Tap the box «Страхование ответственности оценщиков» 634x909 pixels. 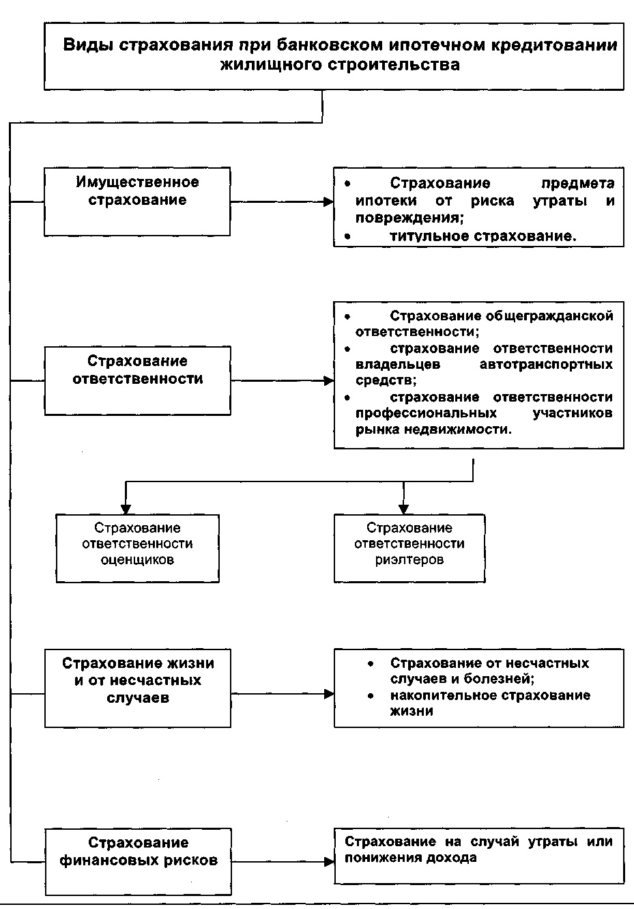tap(137, 548)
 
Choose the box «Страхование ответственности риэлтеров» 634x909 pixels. tap(409, 548)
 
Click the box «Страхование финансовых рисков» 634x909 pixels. tap(137, 861)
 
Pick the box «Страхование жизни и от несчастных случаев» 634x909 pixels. tap(137, 688)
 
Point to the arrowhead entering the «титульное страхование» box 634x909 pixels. tap(328, 202)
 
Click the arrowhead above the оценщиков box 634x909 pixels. tap(126, 509)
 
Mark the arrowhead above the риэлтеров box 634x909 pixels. tap(403, 509)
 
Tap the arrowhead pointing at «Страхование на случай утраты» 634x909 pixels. tap(328, 862)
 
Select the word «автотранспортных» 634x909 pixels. tap(546, 365)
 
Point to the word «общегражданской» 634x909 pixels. tap(549, 316)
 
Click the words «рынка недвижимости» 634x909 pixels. tap(433, 430)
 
